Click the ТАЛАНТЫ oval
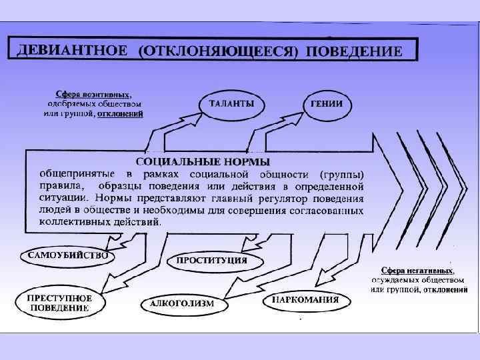pos(231,104)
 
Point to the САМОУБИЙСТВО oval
pos(66,255)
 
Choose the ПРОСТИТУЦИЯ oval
pos(212,260)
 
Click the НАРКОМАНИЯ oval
pos(305,300)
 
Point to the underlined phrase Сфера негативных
pos(417,271)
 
